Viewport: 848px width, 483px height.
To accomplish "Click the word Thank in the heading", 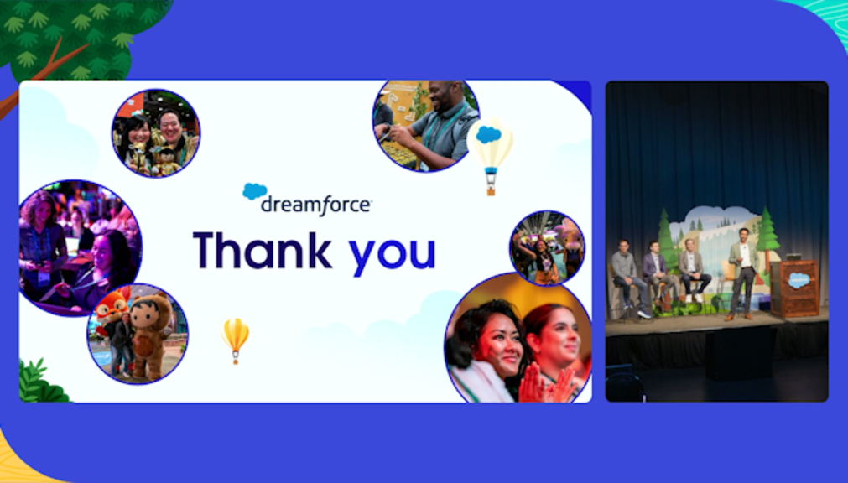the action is pos(262,250).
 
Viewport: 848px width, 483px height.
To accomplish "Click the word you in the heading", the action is pos(392,254).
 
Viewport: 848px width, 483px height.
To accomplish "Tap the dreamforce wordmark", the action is pos(316,205).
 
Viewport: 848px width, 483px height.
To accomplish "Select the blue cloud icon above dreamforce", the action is pos(255,191).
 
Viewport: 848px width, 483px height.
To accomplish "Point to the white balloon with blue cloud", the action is pos(490,156).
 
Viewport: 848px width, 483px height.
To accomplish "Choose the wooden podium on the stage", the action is pos(795,288).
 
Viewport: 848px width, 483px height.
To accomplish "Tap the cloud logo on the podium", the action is pos(799,280).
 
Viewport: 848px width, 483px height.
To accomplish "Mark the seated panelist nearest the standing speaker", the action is pos(692,271).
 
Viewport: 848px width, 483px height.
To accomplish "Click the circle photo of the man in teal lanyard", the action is pos(426,126).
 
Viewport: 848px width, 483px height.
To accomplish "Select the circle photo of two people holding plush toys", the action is pos(156,133).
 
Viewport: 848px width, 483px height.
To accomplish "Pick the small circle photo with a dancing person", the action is pos(548,247).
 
